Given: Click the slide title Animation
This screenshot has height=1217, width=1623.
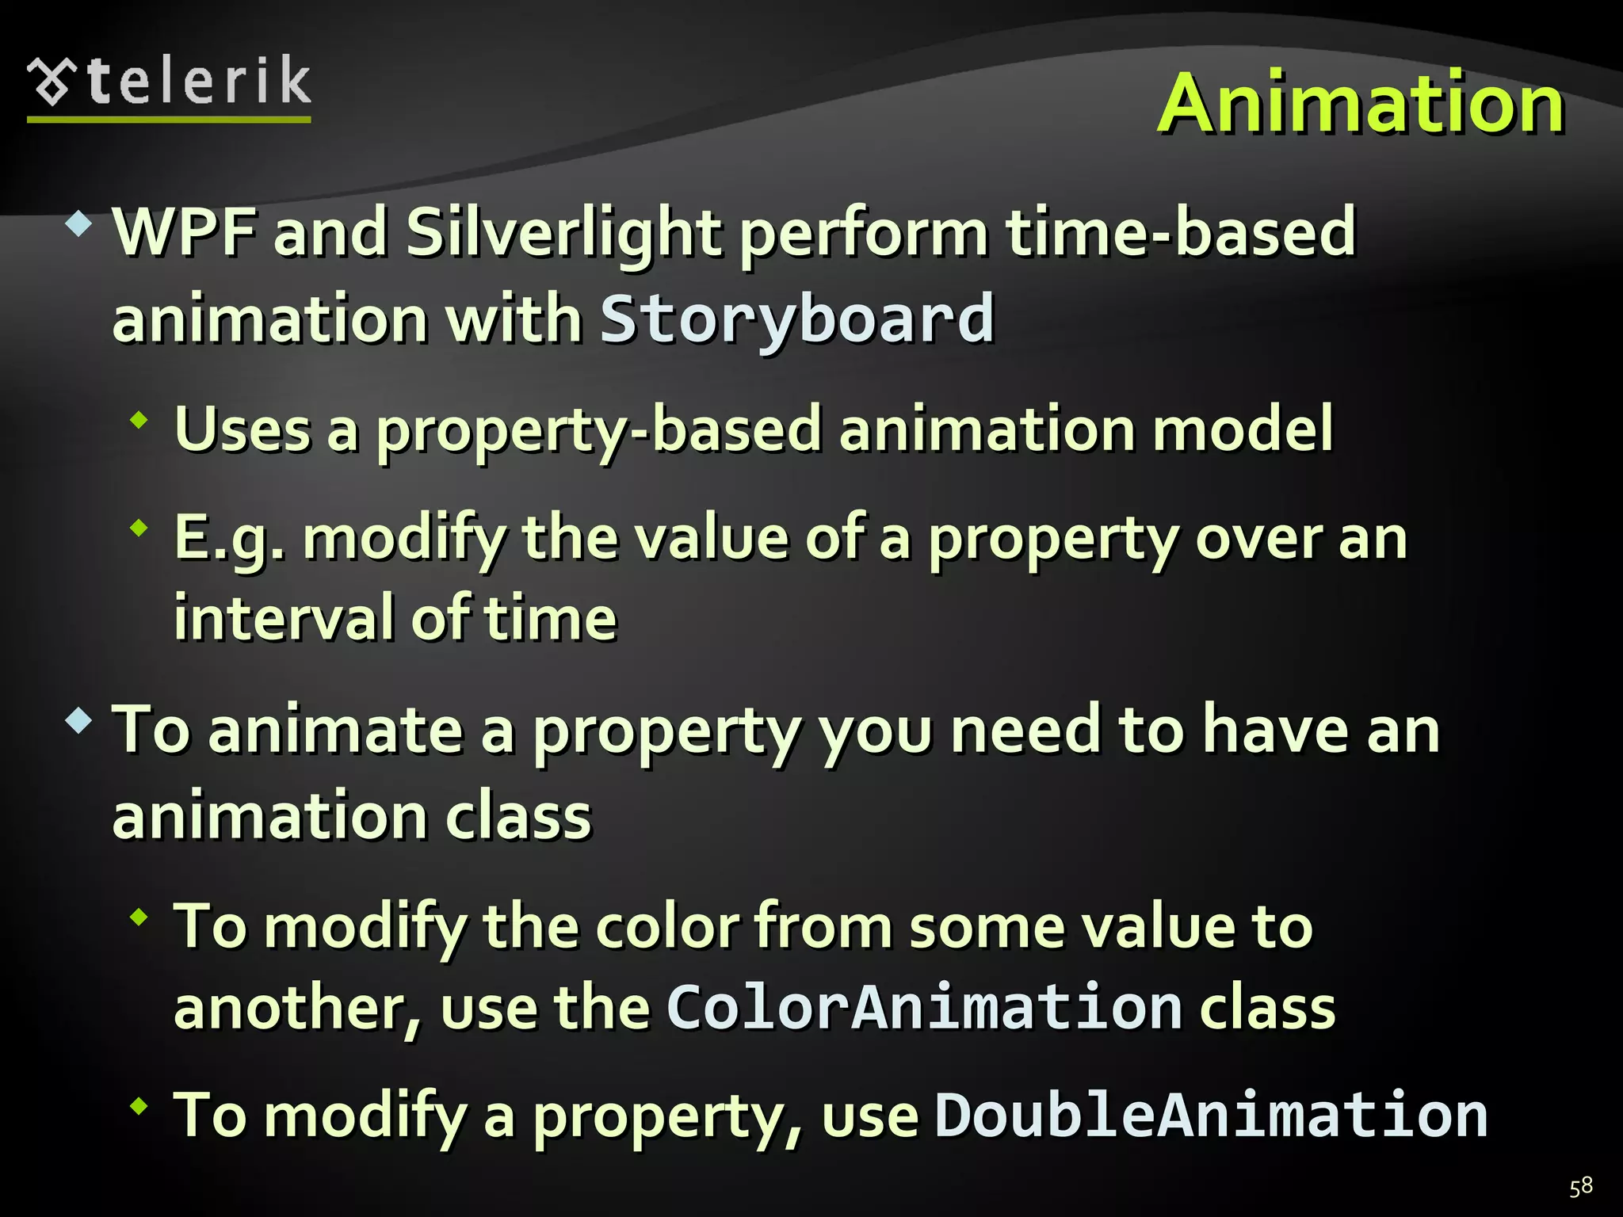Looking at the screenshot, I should (x=1360, y=103).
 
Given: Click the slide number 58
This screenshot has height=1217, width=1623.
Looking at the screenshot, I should (x=1580, y=1186).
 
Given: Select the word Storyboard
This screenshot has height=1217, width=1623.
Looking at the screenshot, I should (x=796, y=319).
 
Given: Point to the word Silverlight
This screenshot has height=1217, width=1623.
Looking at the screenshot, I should (x=563, y=233).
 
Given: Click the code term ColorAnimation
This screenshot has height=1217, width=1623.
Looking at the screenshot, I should (x=924, y=1007).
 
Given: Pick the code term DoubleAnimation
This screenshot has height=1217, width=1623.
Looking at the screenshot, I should (x=1210, y=1115).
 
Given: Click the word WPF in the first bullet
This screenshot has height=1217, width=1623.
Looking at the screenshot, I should (x=184, y=233).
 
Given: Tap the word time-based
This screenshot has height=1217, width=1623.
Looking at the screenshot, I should (x=1181, y=233).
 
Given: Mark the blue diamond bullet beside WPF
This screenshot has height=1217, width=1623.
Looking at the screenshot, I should (x=79, y=225).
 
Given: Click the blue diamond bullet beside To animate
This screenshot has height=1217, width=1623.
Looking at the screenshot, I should (x=79, y=721).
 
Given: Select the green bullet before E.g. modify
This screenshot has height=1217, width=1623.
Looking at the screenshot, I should (x=140, y=528).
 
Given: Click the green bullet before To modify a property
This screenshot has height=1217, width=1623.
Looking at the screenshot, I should (x=140, y=1105).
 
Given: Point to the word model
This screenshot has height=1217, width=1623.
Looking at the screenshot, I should (x=1243, y=430).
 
